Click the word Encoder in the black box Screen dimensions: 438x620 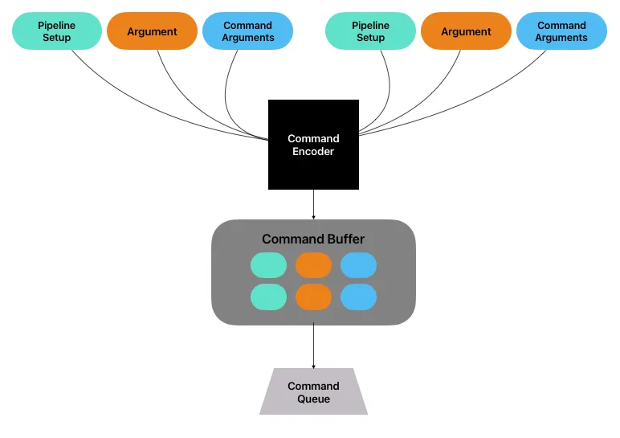point(313,151)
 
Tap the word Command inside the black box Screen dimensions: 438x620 point(313,138)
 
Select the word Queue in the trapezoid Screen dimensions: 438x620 point(313,399)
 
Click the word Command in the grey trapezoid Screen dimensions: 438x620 point(313,386)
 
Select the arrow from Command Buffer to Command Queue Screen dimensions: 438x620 point(313,346)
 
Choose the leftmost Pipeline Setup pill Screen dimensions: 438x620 point(57,31)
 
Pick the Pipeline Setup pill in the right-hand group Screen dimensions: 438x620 point(370,31)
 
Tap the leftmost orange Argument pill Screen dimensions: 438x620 point(152,31)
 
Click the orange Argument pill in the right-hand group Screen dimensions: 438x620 point(466,31)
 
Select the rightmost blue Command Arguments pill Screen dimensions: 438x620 point(561,31)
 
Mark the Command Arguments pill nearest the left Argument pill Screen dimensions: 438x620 point(247,31)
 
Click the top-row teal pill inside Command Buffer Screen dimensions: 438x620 point(268,264)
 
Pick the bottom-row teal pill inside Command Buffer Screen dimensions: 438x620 point(268,297)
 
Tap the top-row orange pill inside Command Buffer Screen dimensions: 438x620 point(313,264)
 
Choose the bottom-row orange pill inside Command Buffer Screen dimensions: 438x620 point(313,297)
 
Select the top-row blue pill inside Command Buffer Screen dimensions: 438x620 point(358,264)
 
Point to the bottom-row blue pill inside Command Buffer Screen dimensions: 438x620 point(358,297)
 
